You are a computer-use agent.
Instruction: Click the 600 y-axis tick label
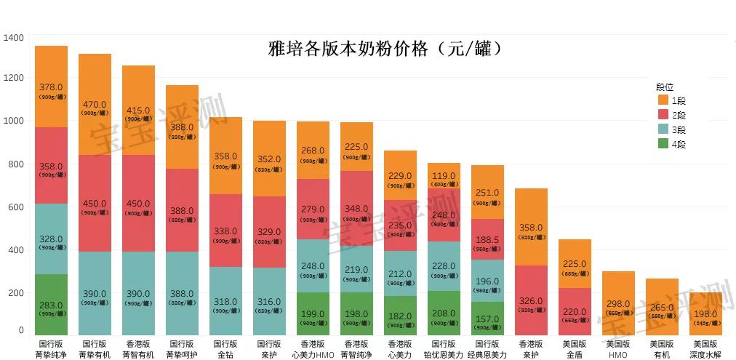coord(16,207)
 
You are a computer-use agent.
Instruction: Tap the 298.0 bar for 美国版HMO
coord(618,303)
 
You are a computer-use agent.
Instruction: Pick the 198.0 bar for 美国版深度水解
coord(705,313)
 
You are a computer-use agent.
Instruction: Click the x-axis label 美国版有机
coord(662,348)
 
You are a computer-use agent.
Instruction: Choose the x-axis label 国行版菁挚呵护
coord(182,348)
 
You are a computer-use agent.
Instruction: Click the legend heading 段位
coord(665,86)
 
